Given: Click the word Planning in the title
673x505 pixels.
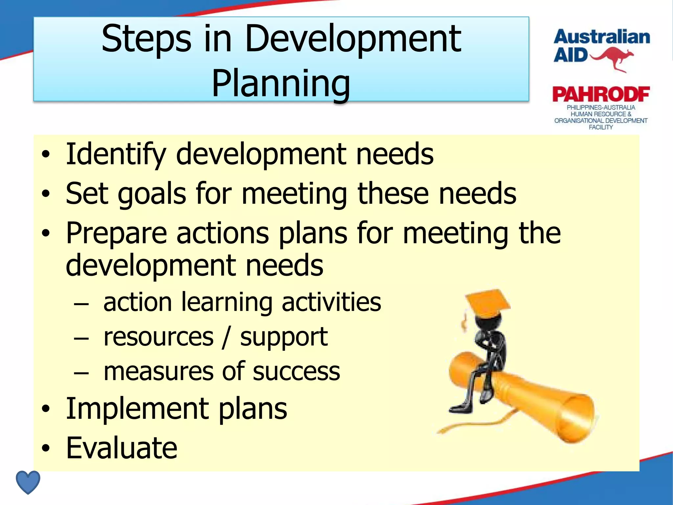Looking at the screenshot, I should (x=281, y=84).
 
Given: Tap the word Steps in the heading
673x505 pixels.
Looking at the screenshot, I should (x=146, y=39).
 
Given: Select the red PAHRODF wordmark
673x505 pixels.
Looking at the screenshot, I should (x=601, y=94).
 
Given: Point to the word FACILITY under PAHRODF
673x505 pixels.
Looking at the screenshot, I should (x=601, y=127).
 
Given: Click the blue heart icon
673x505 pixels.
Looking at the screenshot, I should (x=28, y=482).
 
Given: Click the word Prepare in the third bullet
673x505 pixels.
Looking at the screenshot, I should (x=116, y=233).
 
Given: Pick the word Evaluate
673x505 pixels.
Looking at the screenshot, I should (x=122, y=448).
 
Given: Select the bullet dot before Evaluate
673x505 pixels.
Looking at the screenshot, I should (x=46, y=448).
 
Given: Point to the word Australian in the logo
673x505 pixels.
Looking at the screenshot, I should (x=602, y=37).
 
